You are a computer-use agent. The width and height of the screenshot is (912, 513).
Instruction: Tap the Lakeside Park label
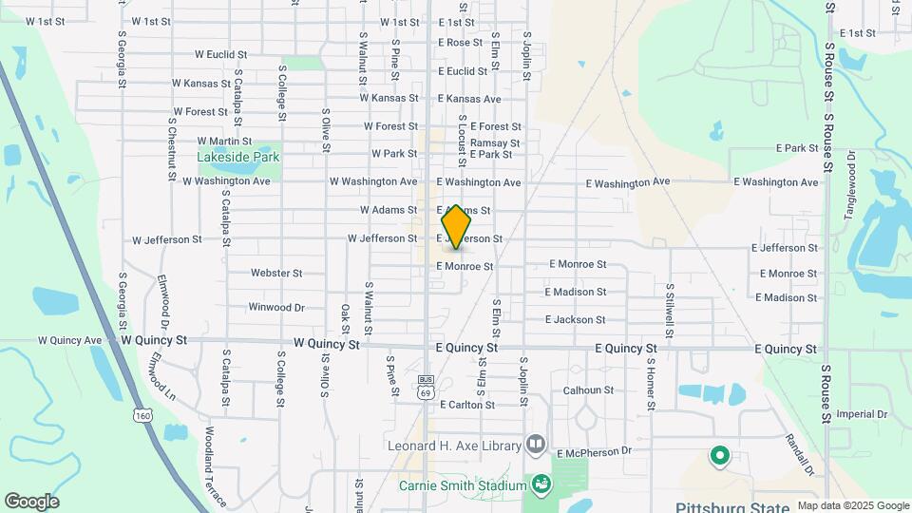click(x=238, y=157)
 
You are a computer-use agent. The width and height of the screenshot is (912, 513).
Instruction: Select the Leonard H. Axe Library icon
click(x=537, y=445)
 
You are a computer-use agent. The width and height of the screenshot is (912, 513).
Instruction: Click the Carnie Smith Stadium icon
click(x=541, y=485)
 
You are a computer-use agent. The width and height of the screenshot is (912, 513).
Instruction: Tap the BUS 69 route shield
click(x=426, y=385)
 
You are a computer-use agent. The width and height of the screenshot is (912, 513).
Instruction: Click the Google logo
click(x=31, y=502)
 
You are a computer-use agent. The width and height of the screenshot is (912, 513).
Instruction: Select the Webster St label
click(x=276, y=274)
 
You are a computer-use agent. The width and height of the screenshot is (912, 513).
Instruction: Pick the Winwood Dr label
click(x=276, y=308)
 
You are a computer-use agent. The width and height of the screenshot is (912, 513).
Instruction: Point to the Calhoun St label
click(x=588, y=390)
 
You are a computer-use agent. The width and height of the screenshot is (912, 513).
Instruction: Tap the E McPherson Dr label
click(x=607, y=452)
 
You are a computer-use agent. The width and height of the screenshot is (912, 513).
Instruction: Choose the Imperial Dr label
click(x=862, y=415)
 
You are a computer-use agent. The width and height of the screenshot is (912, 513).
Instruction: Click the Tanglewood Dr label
click(x=851, y=185)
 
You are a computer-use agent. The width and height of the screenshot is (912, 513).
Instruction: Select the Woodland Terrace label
click(x=216, y=466)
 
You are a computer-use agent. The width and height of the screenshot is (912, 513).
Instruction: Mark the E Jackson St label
click(x=576, y=320)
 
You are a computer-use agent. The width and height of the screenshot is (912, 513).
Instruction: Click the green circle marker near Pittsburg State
click(x=720, y=456)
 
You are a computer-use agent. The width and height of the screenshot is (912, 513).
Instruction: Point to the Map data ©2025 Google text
click(x=853, y=506)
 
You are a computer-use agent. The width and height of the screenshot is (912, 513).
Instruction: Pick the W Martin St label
click(x=224, y=142)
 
